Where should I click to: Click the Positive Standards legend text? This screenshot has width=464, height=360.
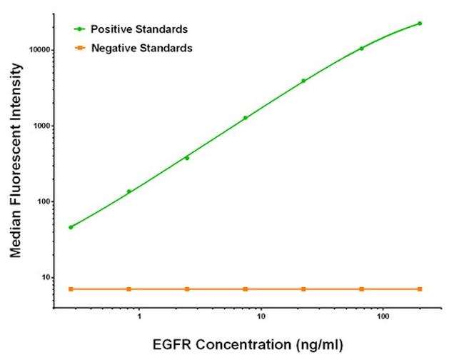[x=139, y=29]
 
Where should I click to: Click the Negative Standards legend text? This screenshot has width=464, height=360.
[x=141, y=49]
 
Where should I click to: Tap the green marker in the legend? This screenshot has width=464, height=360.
[x=79, y=29]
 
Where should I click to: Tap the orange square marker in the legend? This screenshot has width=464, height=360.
[x=79, y=49]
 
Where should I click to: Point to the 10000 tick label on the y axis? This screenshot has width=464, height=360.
[x=36, y=50]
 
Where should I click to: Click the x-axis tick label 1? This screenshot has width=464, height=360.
[x=139, y=315]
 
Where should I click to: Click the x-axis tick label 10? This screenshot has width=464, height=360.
[x=261, y=315]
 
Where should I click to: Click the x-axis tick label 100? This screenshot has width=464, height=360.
[x=383, y=315]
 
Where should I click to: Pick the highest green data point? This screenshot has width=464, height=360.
[x=420, y=24]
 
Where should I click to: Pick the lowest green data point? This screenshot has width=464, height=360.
[x=71, y=227]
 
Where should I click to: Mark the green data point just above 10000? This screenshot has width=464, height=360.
[x=362, y=49]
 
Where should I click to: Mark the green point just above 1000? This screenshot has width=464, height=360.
[x=246, y=118]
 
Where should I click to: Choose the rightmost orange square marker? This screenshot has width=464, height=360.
[x=420, y=289]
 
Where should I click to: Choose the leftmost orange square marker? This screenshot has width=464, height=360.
[x=71, y=289]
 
